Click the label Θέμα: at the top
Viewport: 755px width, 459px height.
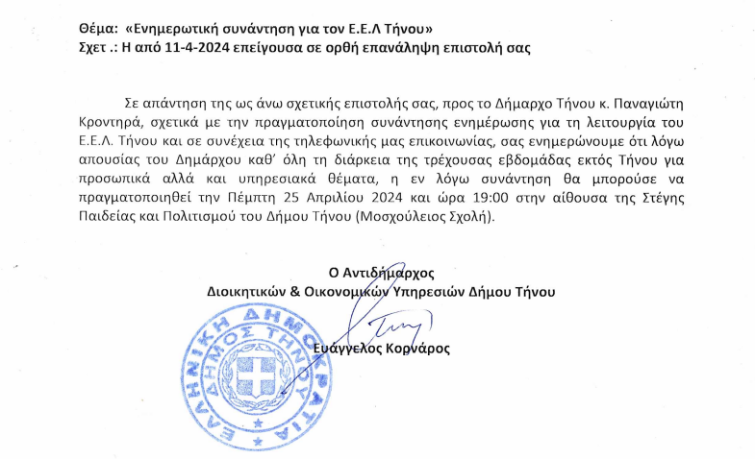pyautogui.click(x=98, y=29)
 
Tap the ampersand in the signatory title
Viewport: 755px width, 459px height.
pyautogui.click(x=294, y=291)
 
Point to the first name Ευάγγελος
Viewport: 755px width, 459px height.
pyautogui.click(x=358, y=349)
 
